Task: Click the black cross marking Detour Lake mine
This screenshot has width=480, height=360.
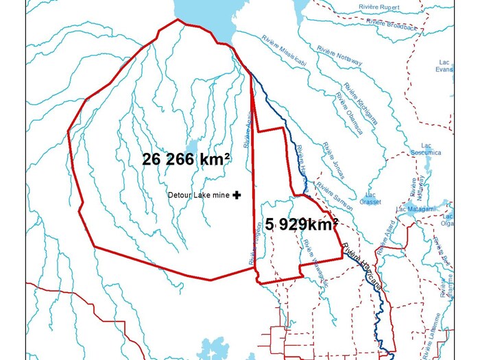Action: [237, 195]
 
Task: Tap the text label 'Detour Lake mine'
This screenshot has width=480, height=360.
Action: [199, 195]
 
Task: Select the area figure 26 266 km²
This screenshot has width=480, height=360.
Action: [185, 160]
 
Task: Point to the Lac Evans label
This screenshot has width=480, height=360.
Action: [444, 65]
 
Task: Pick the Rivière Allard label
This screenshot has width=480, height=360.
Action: [387, 232]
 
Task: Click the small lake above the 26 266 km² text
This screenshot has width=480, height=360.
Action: [193, 147]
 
